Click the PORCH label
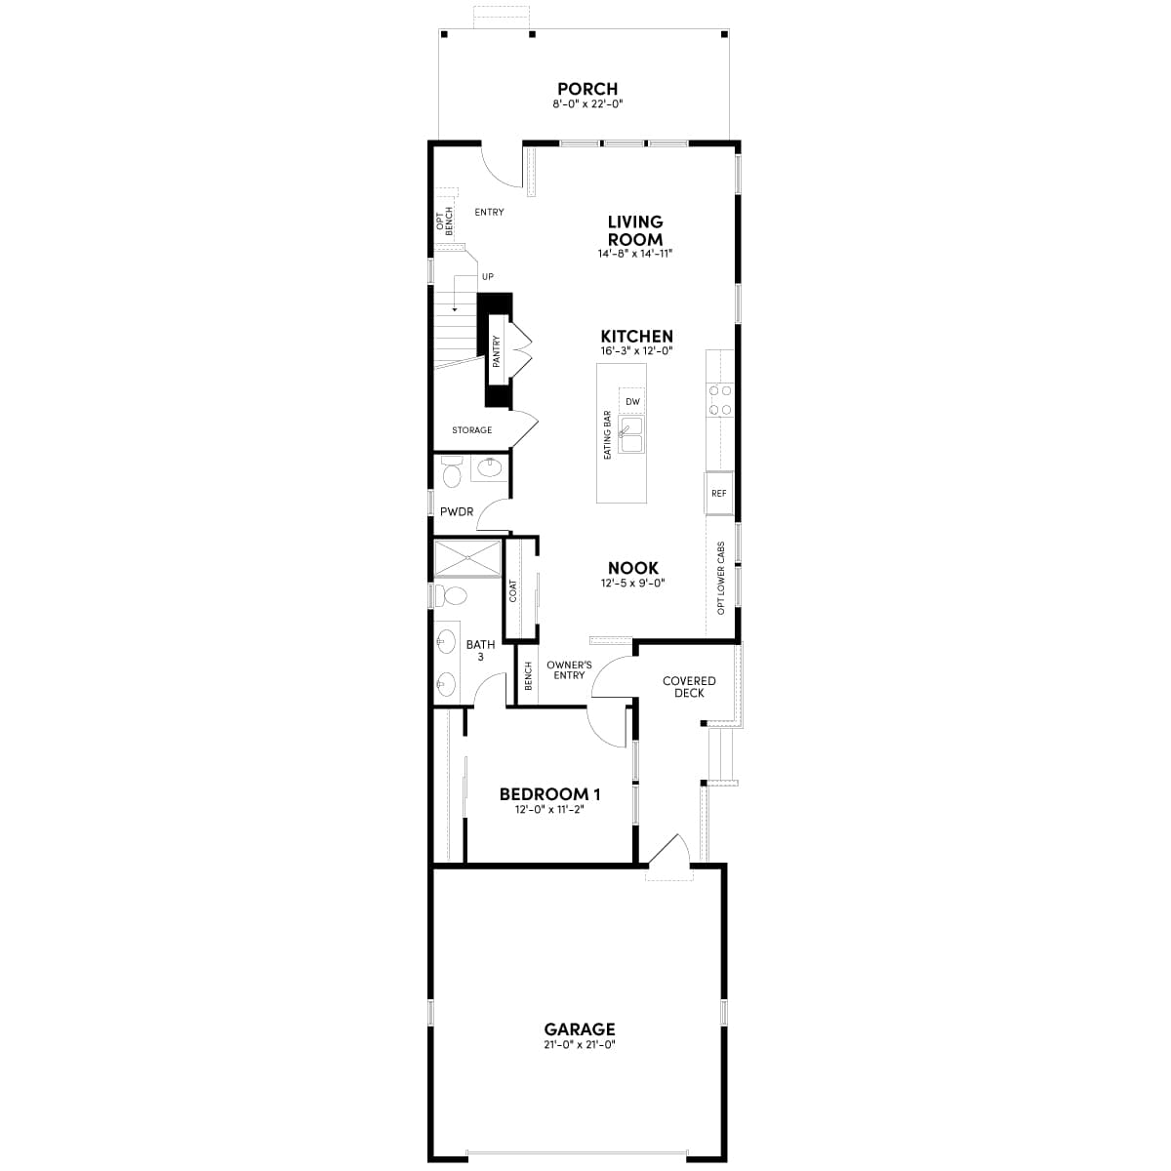[x=587, y=89]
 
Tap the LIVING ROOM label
[x=635, y=231]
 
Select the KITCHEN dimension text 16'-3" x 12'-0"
[x=637, y=351]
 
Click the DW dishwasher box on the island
[x=632, y=401]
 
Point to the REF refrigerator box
[x=719, y=494]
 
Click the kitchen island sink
[x=631, y=435]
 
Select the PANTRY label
[x=497, y=351]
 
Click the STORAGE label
[x=472, y=430]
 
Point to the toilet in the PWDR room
[x=452, y=475]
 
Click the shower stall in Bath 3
[x=466, y=560]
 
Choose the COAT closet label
[x=513, y=590]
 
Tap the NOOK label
[x=633, y=568]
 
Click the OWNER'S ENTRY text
[x=569, y=669]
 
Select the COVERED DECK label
[x=689, y=687]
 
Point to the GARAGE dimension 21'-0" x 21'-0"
[x=580, y=1044]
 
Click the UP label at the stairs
[x=488, y=277]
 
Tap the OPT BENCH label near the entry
[x=445, y=222]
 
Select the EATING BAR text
[x=607, y=434]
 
